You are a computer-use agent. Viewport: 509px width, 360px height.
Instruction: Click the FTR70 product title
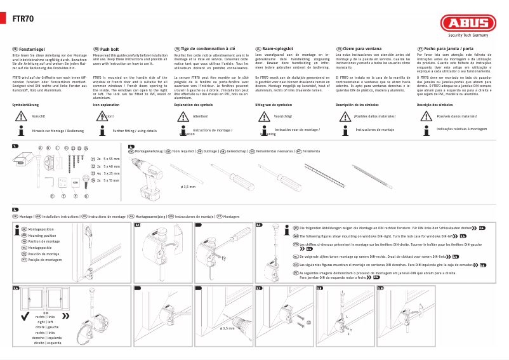(23, 18)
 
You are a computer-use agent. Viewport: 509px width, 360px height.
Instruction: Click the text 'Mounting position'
(42, 236)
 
